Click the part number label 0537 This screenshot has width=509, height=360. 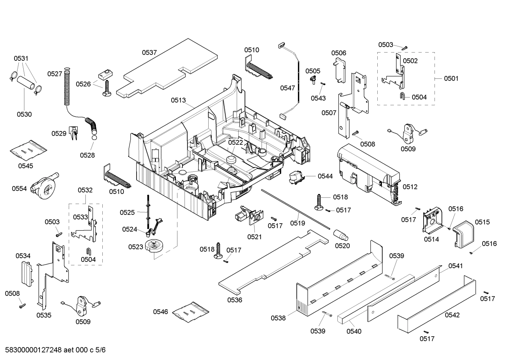(x=149, y=53)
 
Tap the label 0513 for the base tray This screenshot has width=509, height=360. (x=178, y=100)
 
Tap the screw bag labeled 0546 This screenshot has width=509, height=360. (x=191, y=312)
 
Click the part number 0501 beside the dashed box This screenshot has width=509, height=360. (x=451, y=78)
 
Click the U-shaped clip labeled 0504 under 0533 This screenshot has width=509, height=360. (x=88, y=251)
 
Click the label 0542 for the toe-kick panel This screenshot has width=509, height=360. (x=452, y=315)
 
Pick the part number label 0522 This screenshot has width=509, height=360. (x=235, y=142)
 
